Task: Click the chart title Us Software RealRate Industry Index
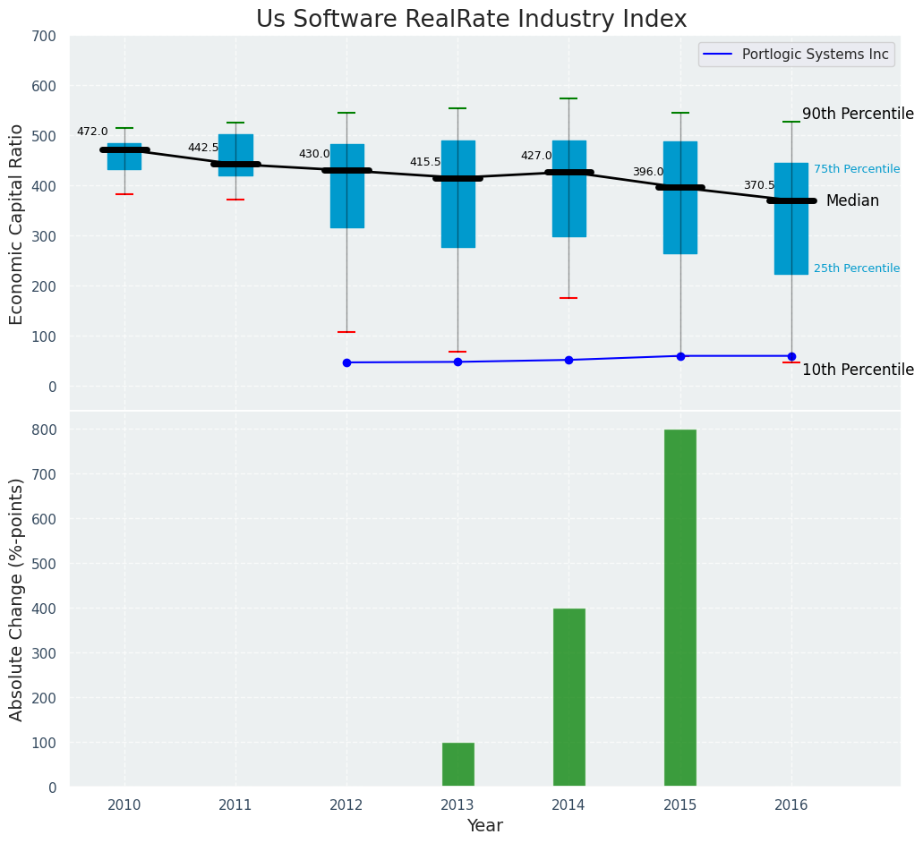(471, 20)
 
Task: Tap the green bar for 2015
(680, 608)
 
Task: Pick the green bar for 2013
(457, 764)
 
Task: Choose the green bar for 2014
(568, 697)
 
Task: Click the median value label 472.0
(92, 132)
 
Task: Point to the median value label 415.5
(425, 162)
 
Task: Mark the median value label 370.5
(759, 185)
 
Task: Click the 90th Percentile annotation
(858, 115)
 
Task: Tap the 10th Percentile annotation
(858, 370)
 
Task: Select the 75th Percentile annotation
(857, 169)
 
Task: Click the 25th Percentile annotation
(857, 268)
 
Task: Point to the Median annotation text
(852, 201)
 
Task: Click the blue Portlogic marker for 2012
(346, 362)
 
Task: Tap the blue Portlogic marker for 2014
(568, 360)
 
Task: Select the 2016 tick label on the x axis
(791, 805)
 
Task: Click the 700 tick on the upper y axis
(44, 37)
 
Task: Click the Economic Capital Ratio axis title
(17, 224)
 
